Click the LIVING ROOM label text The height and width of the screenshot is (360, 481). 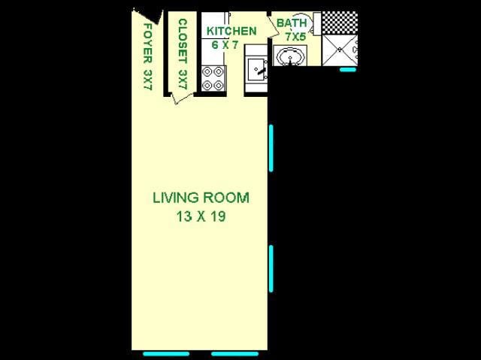click(201, 198)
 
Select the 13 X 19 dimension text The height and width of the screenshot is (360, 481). click(201, 217)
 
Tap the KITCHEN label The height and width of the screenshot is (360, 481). click(231, 31)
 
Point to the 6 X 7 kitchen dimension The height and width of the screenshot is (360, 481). click(225, 45)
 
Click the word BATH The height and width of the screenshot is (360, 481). click(292, 23)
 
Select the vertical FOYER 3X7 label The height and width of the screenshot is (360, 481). click(147, 56)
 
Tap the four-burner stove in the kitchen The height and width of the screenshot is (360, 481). click(213, 79)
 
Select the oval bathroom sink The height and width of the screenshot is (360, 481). click(290, 56)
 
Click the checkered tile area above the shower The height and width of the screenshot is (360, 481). click(339, 22)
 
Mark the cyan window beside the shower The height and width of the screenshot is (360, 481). click(348, 70)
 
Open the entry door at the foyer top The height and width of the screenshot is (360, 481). click(147, 16)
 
